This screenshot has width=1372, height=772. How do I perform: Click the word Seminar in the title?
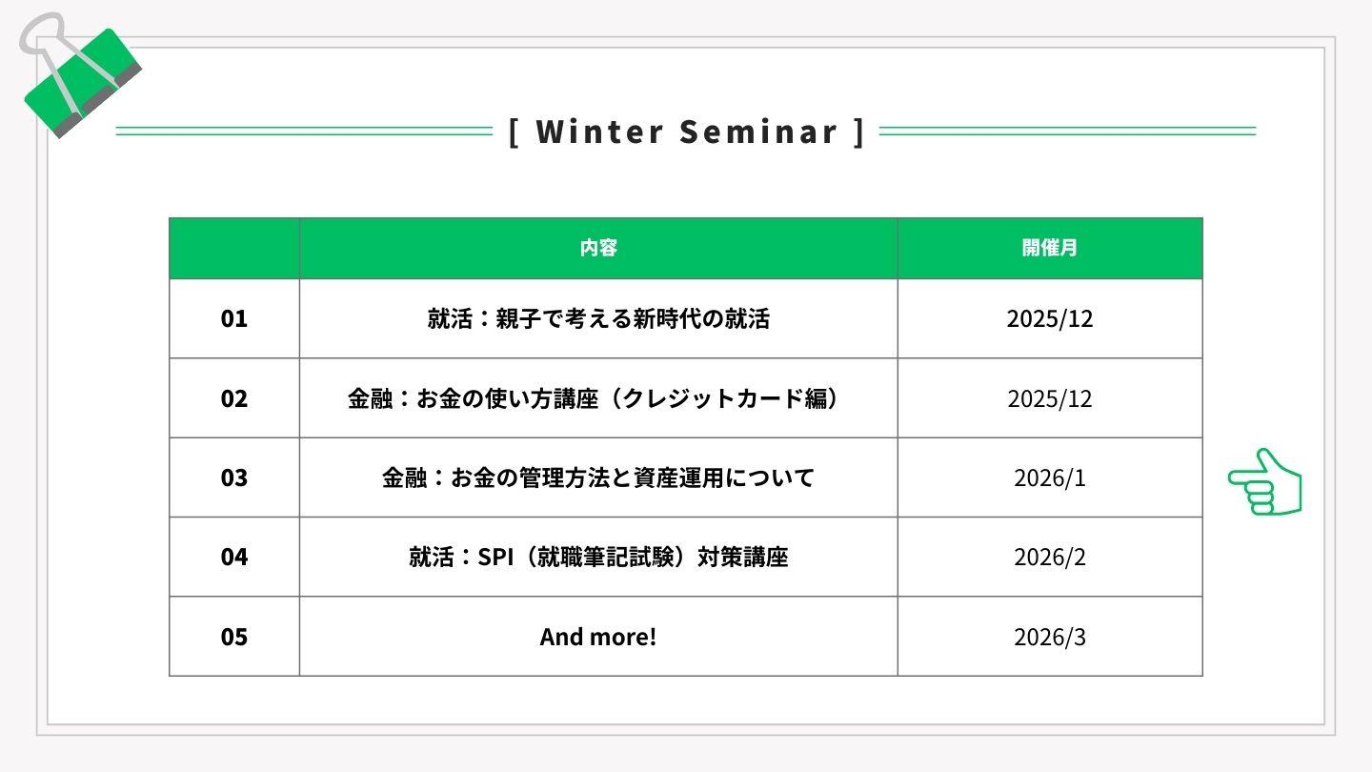tap(758, 132)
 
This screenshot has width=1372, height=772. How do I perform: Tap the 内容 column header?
tap(598, 248)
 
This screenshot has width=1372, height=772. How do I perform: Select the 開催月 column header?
tap(1049, 248)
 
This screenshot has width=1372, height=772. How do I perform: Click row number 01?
tap(234, 318)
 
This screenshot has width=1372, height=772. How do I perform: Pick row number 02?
tap(234, 398)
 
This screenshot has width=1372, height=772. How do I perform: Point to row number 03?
tap(234, 477)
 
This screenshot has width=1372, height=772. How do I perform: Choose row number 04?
tap(234, 557)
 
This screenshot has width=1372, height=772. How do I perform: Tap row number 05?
tap(234, 637)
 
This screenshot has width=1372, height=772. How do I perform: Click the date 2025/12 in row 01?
tap(1049, 318)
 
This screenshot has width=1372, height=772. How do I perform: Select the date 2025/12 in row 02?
tap(1049, 398)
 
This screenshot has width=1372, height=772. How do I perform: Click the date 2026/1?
tap(1049, 477)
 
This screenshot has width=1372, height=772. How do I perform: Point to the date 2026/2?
tap(1049, 557)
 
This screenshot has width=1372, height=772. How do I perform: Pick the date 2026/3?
tap(1049, 637)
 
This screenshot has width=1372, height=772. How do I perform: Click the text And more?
tap(598, 637)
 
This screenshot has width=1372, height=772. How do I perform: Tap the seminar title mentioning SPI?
tap(598, 557)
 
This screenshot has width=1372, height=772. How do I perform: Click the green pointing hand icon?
tap(1265, 482)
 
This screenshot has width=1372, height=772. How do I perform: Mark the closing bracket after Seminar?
tap(859, 132)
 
